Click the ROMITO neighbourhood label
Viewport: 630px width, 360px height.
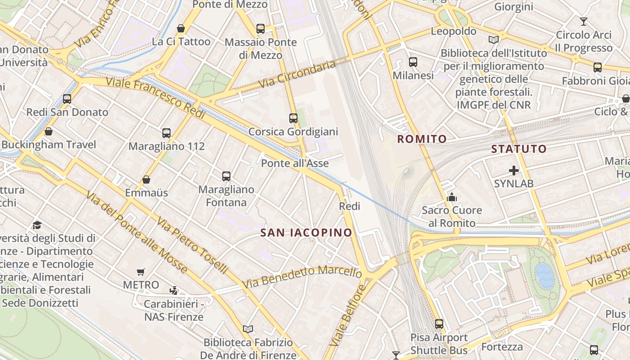tap(422, 139)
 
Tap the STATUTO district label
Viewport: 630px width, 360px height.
tap(519, 149)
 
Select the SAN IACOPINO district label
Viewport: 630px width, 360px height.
tap(306, 233)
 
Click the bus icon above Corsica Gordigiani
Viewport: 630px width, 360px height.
tap(293, 118)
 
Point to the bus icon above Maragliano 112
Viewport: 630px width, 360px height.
tap(166, 133)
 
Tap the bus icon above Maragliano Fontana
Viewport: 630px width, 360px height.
tap(226, 176)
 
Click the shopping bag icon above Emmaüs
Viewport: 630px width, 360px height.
tap(146, 180)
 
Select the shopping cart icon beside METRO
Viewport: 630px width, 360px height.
tap(141, 272)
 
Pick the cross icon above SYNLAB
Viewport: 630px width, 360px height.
tap(514, 171)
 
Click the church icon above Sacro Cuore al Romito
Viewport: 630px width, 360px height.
tap(451, 197)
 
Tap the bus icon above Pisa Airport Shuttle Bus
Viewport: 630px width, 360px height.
tap(439, 324)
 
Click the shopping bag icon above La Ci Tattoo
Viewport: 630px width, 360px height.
tap(181, 29)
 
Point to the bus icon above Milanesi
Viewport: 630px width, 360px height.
tap(413, 62)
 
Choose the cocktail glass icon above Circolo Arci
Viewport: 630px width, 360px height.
tap(584, 21)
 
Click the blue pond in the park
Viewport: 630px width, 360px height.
tap(544, 275)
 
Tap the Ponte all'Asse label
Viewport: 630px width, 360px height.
tap(295, 163)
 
